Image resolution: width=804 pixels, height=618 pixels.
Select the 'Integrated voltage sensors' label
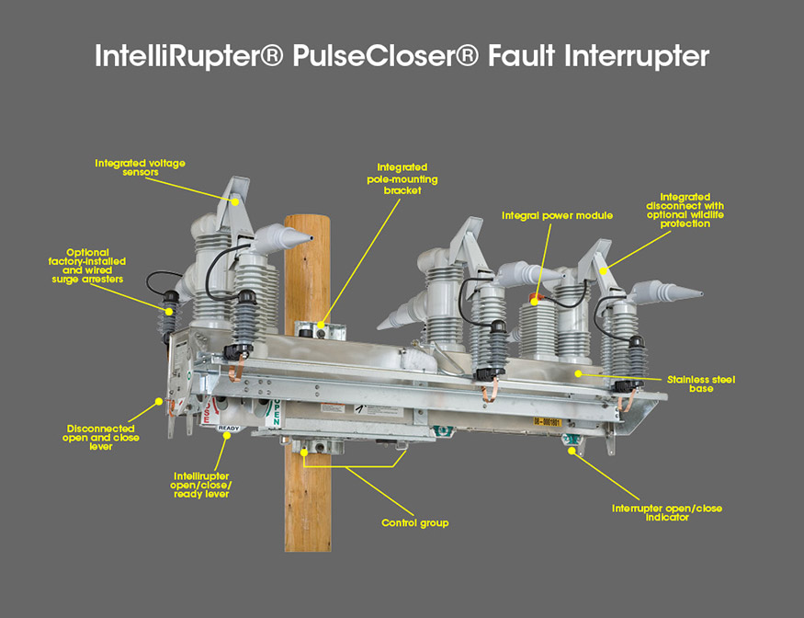click(140, 167)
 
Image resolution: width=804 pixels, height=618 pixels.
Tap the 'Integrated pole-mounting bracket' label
click(395, 178)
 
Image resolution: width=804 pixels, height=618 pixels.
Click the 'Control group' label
click(414, 523)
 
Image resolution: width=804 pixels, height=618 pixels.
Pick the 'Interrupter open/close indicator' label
click(660, 512)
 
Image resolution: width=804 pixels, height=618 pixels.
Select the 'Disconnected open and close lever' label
click(101, 437)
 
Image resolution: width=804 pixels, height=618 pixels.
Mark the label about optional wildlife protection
click(685, 210)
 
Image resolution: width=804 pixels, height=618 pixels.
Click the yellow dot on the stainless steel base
click(578, 373)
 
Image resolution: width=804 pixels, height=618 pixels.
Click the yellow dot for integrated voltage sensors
click(235, 200)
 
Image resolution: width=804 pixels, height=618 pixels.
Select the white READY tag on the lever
click(229, 428)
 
